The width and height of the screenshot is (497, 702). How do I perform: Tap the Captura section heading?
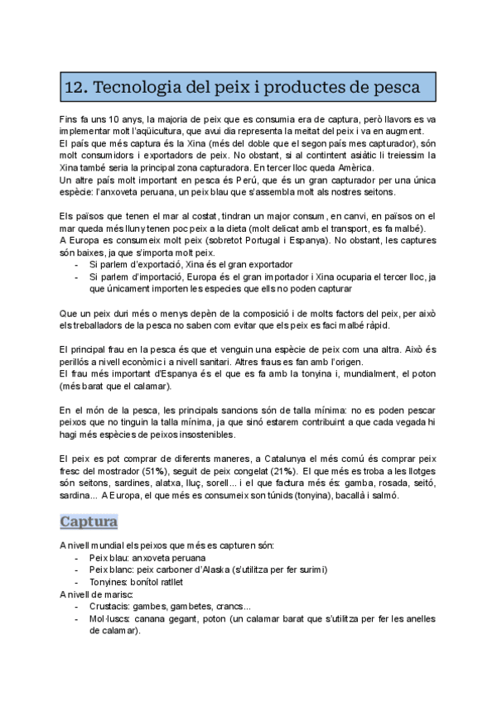[89, 522]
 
